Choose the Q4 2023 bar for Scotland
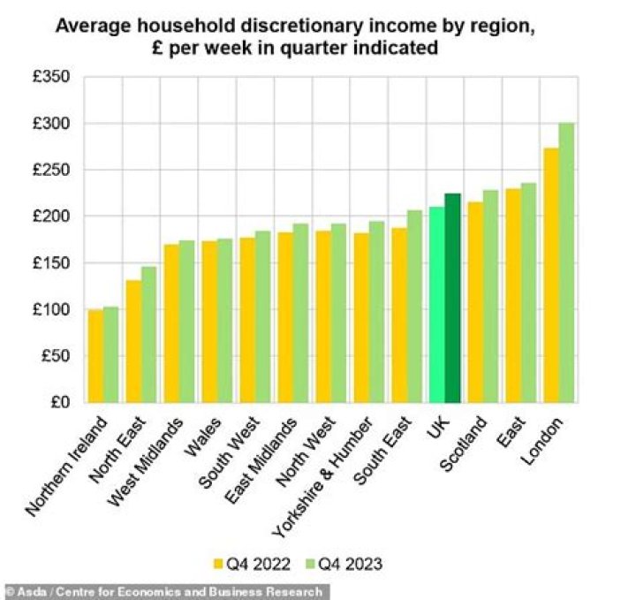[x=490, y=296]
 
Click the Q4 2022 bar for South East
[x=398, y=315]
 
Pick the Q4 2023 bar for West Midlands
[x=186, y=322]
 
